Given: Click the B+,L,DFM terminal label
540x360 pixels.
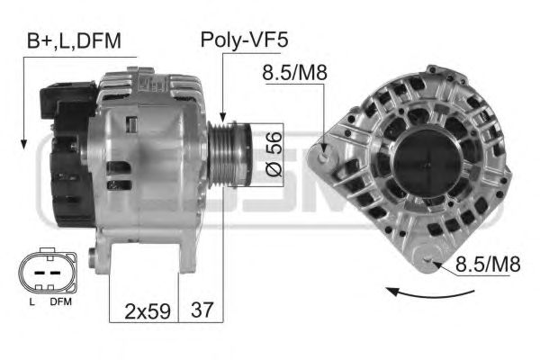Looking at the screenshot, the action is click(74, 41).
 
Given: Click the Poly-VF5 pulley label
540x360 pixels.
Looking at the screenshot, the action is click(244, 40).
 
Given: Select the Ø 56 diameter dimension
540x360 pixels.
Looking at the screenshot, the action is click(274, 154).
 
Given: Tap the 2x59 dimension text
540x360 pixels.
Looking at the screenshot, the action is click(148, 311).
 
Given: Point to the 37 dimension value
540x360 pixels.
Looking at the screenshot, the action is click(202, 310).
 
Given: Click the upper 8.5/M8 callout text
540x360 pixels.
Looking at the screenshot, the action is click(294, 73).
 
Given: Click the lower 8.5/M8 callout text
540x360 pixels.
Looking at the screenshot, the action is click(488, 265).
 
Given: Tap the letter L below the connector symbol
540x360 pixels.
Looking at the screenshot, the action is click(32, 302).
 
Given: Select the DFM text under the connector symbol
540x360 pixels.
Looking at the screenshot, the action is click(60, 301).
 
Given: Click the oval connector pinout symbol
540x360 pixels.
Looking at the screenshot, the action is click(48, 272).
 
